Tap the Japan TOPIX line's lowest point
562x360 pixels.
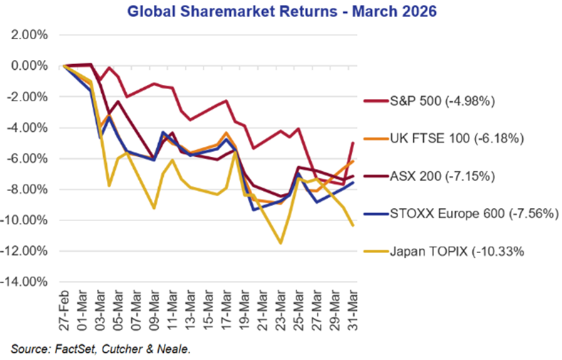(x=281, y=243)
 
